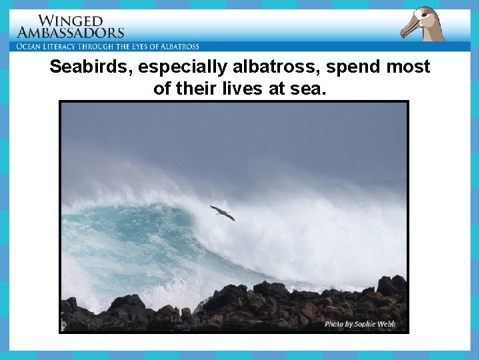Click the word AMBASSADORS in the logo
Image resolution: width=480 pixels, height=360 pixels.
coord(71,32)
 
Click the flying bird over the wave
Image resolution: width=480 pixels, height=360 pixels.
coord(222,213)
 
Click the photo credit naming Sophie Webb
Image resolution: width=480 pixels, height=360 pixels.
coord(360,324)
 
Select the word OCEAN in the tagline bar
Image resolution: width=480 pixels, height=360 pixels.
coord(32,47)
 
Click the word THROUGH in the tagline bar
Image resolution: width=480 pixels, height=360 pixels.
coord(107,47)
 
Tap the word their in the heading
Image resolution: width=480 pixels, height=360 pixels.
coord(197,89)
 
